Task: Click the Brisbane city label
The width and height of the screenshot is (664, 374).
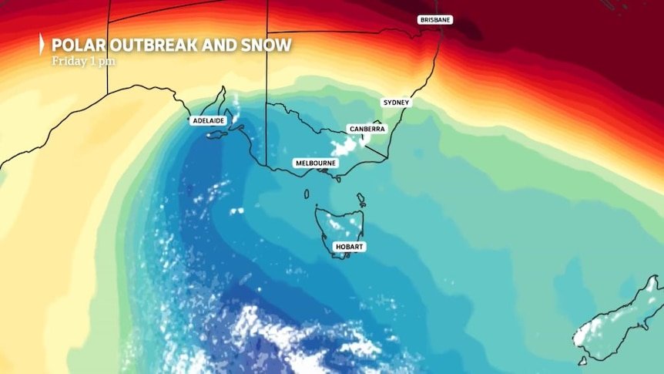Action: (435, 19)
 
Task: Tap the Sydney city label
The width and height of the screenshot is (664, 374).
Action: (397, 102)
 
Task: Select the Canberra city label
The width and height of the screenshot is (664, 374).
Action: (366, 129)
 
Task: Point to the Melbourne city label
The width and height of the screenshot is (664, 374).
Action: (316, 163)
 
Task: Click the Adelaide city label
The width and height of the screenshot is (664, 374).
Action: (207, 121)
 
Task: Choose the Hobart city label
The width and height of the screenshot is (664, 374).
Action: (348, 246)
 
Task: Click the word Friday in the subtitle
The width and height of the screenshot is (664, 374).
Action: (66, 61)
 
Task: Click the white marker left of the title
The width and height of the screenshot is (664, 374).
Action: (41, 45)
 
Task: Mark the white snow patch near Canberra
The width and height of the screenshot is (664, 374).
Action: (344, 146)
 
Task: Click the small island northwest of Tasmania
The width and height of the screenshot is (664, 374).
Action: (306, 194)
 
